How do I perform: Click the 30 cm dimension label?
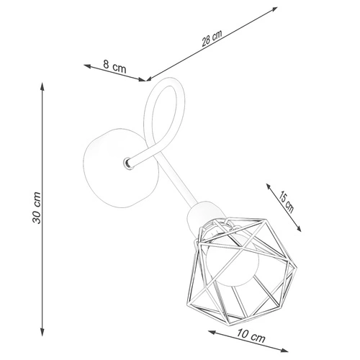coord(37,208)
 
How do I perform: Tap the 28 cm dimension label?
coord(212,38)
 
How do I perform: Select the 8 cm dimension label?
coord(114,66)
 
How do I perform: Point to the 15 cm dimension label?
coord(286,203)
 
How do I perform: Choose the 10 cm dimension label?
coord(251,336)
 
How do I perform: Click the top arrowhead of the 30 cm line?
coord(42,86)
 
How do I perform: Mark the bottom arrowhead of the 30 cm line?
coord(42,332)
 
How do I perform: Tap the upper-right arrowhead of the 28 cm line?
coord(274,9)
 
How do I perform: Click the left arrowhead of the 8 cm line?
coord(87,66)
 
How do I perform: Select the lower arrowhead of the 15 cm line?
coord(298,228)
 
